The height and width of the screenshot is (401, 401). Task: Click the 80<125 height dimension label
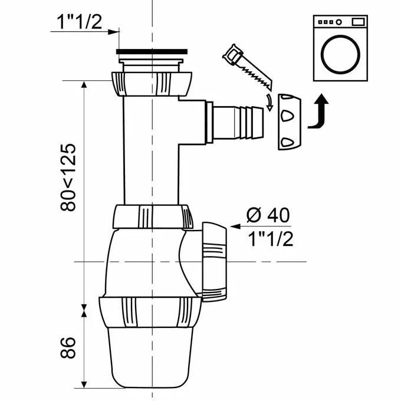[x=68, y=178]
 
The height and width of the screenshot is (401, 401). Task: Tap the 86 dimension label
[x=68, y=347]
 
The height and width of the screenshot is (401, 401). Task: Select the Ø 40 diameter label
[x=268, y=215]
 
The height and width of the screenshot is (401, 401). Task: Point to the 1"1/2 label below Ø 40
[x=271, y=239]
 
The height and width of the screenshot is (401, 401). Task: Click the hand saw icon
[x=247, y=67]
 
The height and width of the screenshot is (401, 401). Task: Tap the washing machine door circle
[x=340, y=54]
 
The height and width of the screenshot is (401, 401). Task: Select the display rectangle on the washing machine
[x=358, y=22]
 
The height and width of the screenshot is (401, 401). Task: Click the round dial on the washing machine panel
[x=338, y=22]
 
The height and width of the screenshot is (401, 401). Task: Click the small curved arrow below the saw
[x=269, y=102]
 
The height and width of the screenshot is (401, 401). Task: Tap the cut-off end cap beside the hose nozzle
[x=290, y=121]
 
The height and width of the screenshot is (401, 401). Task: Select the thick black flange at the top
[x=152, y=51]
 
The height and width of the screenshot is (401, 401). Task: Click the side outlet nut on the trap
[x=214, y=262]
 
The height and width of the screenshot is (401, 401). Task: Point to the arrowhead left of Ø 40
[x=235, y=226]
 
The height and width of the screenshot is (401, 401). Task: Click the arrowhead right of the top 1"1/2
[x=114, y=32]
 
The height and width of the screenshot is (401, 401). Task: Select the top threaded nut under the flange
[x=152, y=84]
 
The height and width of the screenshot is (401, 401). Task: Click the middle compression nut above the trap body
[x=153, y=216]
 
